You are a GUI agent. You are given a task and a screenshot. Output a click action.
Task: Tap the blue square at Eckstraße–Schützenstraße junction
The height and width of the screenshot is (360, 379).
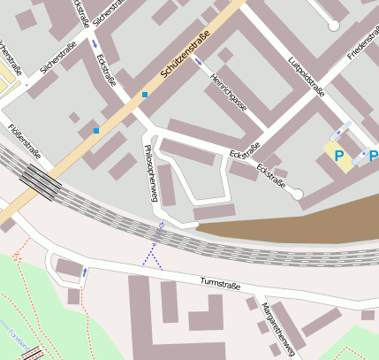point(145,94)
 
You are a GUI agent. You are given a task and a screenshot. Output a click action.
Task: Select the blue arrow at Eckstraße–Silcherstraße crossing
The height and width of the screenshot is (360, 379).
point(95,42)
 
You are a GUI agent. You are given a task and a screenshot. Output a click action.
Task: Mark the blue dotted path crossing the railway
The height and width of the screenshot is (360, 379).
point(154,255)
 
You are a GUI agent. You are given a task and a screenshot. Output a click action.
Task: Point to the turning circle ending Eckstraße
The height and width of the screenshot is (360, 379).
point(298,194)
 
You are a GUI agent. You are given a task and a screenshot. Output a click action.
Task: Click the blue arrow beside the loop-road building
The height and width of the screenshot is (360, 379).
point(85,272)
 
